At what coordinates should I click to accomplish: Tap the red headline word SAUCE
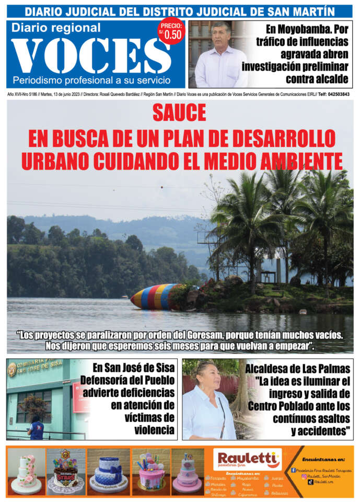point(179,113)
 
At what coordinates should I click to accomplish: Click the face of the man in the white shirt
point(221,36)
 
